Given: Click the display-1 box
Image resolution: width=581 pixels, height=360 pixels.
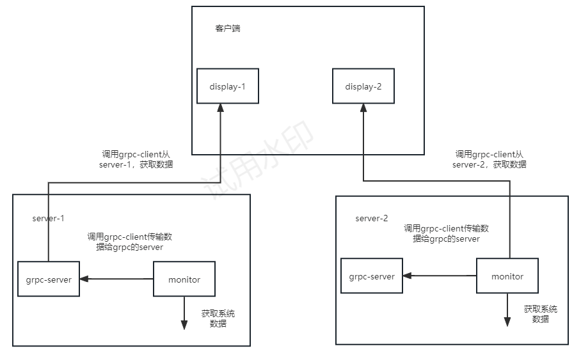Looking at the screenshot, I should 228,86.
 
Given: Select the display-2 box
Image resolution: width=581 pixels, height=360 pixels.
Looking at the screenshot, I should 363,86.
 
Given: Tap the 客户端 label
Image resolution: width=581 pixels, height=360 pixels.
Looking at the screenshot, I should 228,29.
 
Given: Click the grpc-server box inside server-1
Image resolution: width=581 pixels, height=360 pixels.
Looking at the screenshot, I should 49,279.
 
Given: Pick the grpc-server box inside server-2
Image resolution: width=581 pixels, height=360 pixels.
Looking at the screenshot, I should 372,276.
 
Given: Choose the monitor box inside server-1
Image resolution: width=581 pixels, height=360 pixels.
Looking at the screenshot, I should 184,279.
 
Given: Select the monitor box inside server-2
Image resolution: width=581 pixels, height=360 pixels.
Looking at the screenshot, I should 507,276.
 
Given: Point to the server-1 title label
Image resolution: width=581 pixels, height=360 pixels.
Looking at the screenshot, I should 49,218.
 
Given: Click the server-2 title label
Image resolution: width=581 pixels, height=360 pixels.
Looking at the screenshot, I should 372,218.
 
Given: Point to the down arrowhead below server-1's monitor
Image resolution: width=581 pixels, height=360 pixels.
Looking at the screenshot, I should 184,324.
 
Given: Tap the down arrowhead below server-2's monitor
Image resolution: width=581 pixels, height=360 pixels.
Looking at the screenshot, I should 507,321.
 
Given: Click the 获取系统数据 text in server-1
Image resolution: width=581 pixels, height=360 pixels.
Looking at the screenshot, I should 218,318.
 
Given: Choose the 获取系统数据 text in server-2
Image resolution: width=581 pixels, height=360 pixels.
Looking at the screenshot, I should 541,314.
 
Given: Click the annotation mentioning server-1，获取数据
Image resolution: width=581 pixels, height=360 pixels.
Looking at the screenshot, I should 136,159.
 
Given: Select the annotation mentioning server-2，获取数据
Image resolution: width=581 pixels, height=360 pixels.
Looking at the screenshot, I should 489,159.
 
